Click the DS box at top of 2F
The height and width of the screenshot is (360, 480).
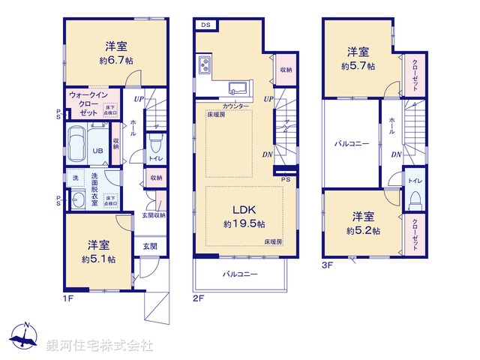coord(205,25)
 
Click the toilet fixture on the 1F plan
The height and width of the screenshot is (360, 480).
coord(155,143)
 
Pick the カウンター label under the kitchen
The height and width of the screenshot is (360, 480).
coord(236,106)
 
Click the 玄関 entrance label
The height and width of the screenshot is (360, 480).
coord(149,245)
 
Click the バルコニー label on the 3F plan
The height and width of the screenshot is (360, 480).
coord(351,142)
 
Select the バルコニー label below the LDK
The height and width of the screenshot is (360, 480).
coord(239,274)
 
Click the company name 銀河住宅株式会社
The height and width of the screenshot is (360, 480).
coord(100,345)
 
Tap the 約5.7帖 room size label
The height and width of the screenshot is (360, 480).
coord(358,66)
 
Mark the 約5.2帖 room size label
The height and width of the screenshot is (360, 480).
coord(363,231)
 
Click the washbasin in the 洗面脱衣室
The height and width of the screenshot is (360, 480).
coord(77,201)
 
